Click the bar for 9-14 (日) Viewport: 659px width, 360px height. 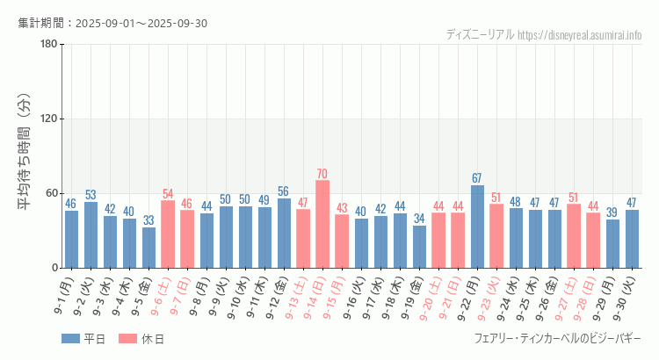tap(322, 224)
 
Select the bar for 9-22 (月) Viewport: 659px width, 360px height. tap(477, 227)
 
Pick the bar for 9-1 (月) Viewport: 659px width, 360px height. tap(71, 239)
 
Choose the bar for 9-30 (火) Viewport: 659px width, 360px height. tap(632, 239)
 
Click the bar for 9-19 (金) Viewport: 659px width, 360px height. tap(419, 247)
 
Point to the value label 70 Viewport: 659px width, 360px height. tap(322, 174)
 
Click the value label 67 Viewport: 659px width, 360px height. tap(477, 178)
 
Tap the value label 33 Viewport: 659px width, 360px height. tap(149, 220)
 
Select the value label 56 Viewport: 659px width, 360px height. tap(283, 191)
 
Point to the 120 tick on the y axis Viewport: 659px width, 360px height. tap(48, 119)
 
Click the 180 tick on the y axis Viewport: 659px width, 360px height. tap(48, 45)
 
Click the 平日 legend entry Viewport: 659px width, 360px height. tap(83, 339)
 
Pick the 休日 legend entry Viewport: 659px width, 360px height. tap(141, 339)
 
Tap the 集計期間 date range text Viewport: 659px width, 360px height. tap(112, 23)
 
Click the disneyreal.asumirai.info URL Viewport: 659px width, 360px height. tap(580, 35)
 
